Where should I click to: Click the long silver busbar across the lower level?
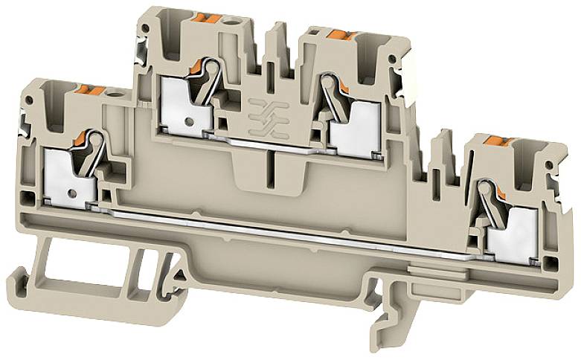tap(298, 232)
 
